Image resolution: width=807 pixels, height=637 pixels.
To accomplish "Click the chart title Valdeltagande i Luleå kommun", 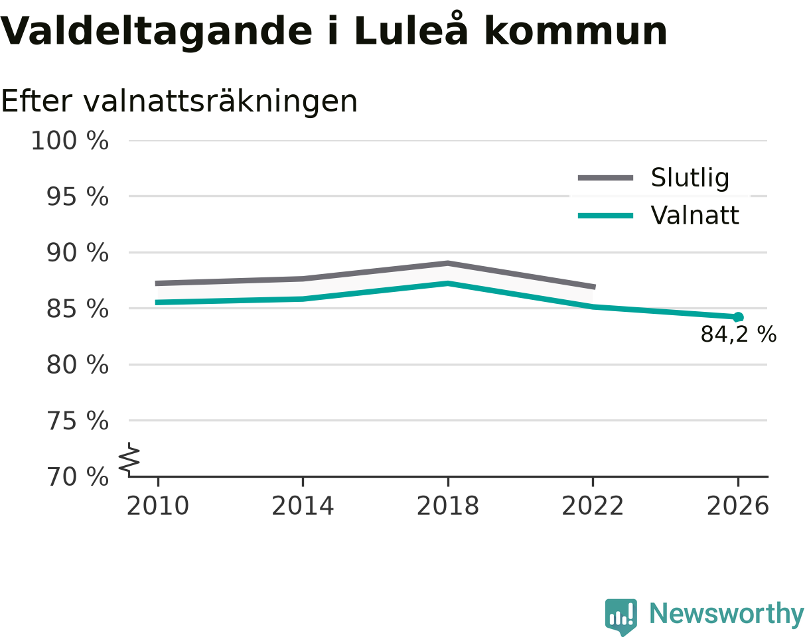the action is [x=333, y=31].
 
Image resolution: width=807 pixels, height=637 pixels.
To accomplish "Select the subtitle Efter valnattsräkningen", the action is [x=179, y=102].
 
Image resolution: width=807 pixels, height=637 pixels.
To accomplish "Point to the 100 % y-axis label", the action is [x=70, y=141].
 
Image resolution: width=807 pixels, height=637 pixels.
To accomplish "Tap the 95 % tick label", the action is [x=78, y=197].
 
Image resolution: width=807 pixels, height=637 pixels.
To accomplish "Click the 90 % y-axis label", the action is [x=78, y=253].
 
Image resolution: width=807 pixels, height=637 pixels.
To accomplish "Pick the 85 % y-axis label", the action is [x=78, y=309].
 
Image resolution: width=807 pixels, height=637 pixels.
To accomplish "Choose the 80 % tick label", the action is [x=78, y=365].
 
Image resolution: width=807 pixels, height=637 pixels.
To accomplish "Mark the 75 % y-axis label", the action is [x=78, y=421].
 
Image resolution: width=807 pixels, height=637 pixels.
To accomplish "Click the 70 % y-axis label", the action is [x=78, y=477].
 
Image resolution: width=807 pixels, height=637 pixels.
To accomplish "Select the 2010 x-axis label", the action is [x=158, y=506].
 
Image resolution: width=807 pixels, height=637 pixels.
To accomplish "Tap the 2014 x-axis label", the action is [x=303, y=506].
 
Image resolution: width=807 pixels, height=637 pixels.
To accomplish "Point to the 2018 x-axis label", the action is [x=448, y=506].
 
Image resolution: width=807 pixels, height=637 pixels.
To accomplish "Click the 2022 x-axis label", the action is [x=593, y=506].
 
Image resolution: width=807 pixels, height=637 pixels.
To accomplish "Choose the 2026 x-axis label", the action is [x=737, y=506].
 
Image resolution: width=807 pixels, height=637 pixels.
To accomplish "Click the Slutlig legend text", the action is [x=690, y=178].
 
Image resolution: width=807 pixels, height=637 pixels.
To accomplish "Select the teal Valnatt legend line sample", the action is [x=605, y=216].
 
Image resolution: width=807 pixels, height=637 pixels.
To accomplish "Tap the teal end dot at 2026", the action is [x=738, y=317].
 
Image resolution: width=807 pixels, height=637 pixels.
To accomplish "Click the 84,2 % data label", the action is [x=739, y=334].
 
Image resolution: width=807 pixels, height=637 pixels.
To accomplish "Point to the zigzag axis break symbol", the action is [x=129, y=457].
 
